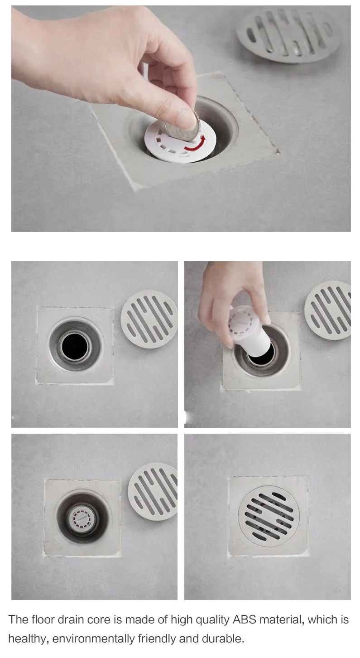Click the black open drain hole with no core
[75, 347]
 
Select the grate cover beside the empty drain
[149, 319]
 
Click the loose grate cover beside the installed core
[153, 492]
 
